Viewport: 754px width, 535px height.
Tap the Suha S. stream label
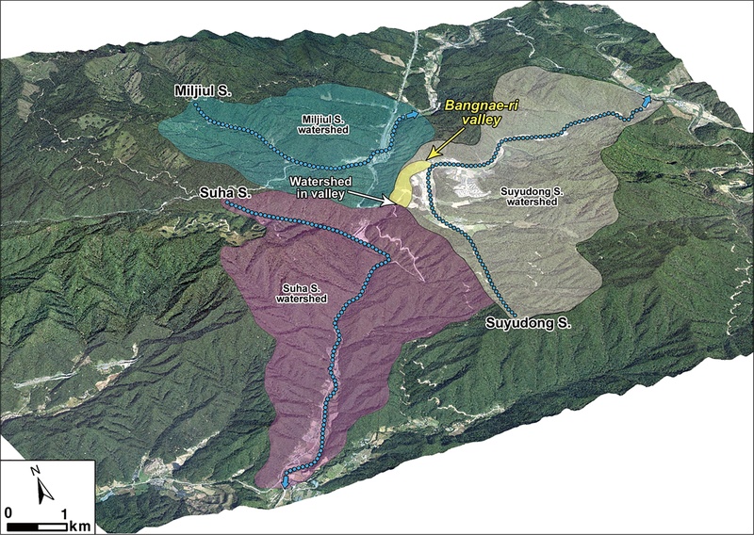pos(223,193)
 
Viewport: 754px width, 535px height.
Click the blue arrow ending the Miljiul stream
pos(415,114)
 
